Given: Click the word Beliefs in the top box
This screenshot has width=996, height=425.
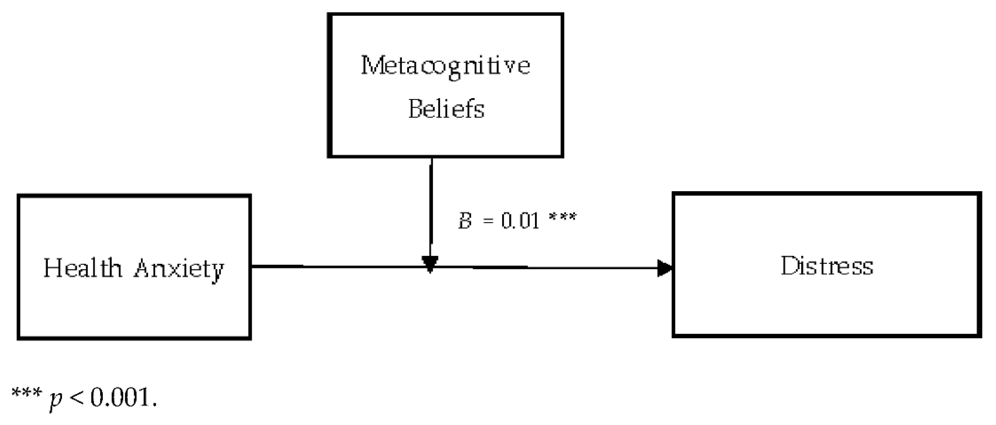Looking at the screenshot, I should coord(446,109).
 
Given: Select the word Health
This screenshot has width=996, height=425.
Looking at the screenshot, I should coord(82,268).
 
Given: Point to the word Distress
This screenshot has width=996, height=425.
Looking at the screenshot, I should coord(827,266).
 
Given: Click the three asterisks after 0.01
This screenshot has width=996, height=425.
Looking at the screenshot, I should coord(562,217).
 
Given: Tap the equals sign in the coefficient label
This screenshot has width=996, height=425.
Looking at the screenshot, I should coord(489,221).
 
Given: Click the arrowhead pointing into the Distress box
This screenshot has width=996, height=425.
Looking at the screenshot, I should coord(665,268).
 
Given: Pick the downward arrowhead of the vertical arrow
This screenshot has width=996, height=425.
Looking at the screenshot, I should coord(430,264).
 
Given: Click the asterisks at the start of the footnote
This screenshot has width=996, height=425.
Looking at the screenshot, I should coord(26,393).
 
